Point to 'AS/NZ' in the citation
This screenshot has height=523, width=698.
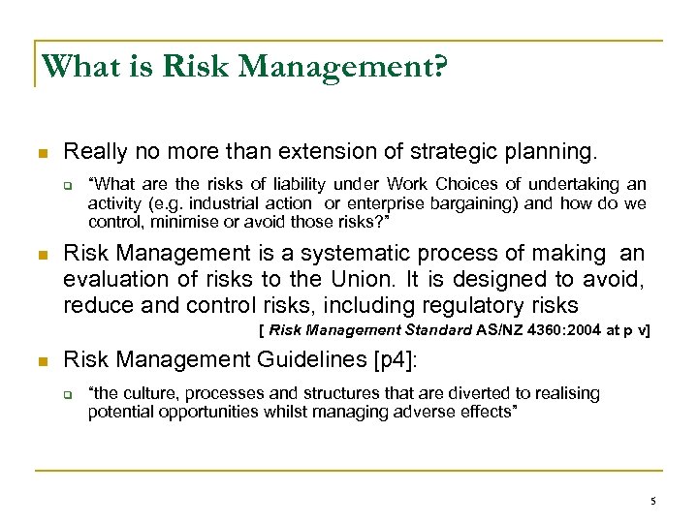(502, 330)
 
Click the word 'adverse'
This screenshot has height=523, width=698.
(437, 412)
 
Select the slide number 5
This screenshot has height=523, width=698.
(653, 500)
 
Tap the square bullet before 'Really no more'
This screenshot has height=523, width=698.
(42, 153)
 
